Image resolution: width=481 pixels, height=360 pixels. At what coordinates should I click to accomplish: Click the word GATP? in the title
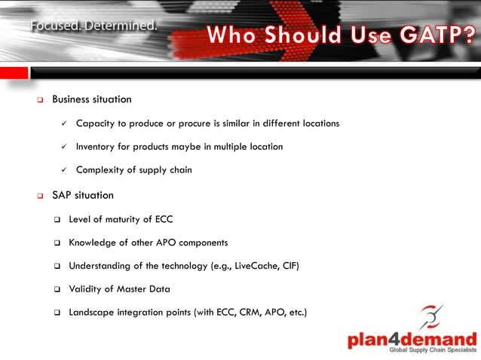(431, 35)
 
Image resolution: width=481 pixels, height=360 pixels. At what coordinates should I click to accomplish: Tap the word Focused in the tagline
(56, 26)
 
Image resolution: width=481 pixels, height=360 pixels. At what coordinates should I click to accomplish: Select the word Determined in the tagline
(121, 26)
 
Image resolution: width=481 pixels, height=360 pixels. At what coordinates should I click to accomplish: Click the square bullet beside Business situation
(40, 100)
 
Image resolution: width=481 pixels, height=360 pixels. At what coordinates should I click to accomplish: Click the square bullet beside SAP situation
(40, 196)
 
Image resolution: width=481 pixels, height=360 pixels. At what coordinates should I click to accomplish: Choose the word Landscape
(93, 312)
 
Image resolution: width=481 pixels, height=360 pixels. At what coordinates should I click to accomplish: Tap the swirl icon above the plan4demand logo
(430, 316)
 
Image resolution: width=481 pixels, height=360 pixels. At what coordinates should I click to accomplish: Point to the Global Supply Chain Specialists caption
(433, 350)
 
